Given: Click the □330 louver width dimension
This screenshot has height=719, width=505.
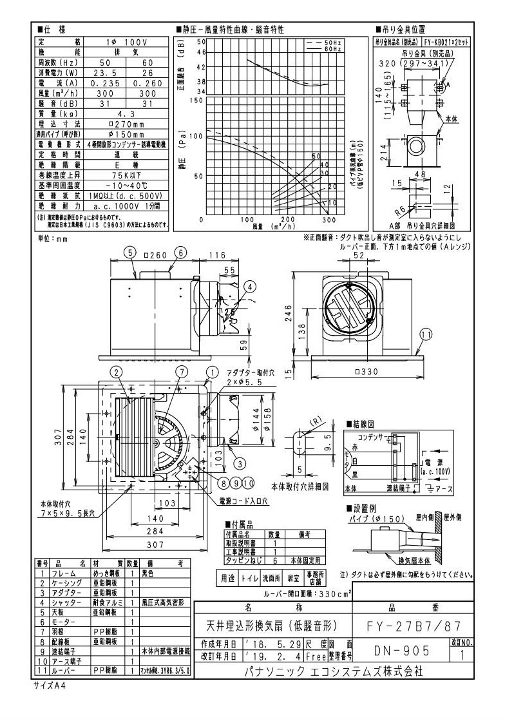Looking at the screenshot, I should pos(366,372).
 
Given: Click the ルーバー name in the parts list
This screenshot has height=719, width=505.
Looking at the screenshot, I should pos(61,670).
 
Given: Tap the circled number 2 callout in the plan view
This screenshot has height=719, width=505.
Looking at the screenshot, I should pos(116,372).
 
